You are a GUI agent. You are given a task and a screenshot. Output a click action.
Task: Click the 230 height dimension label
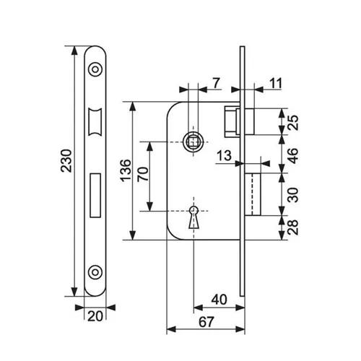pyautogui.click(x=66, y=160)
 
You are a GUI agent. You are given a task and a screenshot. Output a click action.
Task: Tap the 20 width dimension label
pyautogui.click(x=95, y=316)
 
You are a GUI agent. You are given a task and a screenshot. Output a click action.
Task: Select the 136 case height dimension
pyautogui.click(x=126, y=170)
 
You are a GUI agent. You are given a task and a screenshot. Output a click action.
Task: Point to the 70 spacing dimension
pyautogui.click(x=143, y=174)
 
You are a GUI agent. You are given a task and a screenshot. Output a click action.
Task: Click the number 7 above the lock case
pyautogui.click(x=217, y=83)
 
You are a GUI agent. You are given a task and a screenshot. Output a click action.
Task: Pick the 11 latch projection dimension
pyautogui.click(x=276, y=84)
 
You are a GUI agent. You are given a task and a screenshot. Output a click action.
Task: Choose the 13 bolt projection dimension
pyautogui.click(x=224, y=155)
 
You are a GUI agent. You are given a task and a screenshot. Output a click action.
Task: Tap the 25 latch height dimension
pyautogui.click(x=292, y=123)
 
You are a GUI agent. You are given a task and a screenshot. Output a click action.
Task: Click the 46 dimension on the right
pyautogui.click(x=292, y=156)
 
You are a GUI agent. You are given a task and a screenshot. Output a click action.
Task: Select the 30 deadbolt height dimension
pyautogui.click(x=292, y=195)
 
